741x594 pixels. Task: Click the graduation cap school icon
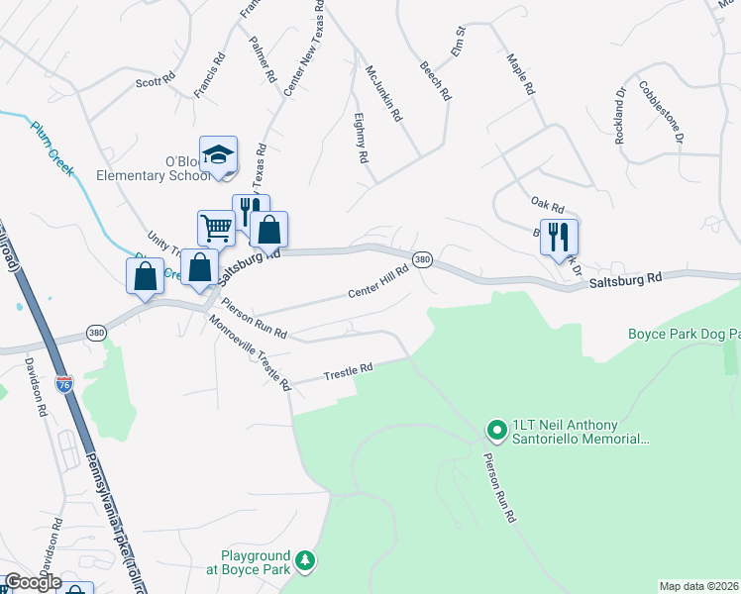click(219, 155)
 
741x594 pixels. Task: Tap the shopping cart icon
click(216, 228)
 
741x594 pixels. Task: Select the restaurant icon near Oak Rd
click(560, 237)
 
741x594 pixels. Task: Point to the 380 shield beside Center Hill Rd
click(422, 259)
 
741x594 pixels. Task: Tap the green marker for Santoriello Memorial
click(495, 430)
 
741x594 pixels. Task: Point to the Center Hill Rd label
click(377, 282)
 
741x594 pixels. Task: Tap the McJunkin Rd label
click(383, 93)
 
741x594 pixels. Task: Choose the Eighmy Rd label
click(362, 139)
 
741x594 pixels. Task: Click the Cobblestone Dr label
click(662, 113)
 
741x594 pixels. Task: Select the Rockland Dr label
click(621, 117)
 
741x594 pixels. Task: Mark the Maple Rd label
click(521, 73)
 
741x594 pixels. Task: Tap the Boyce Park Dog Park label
click(684, 335)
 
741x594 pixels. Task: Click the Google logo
click(33, 583)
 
